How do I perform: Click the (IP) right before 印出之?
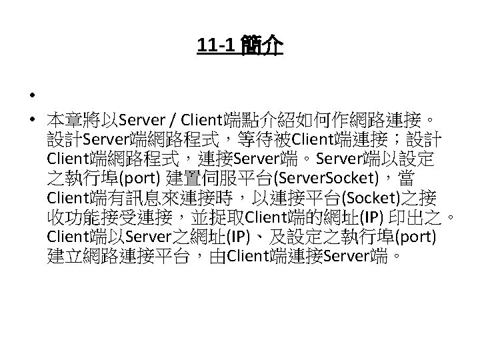point(371,218)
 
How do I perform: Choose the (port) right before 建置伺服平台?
point(136,179)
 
